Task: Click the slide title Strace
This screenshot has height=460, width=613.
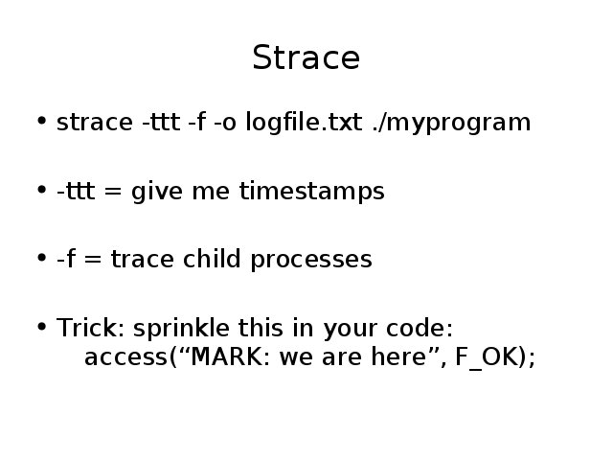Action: [306, 57]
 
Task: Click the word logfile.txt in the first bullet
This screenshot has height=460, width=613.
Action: [304, 122]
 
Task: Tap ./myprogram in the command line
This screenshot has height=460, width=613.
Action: [451, 123]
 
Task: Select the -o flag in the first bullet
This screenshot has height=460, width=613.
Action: [225, 123]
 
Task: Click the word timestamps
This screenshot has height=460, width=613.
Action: [312, 192]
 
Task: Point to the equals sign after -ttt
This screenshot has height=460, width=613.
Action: [113, 192]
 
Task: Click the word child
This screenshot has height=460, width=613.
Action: [212, 259]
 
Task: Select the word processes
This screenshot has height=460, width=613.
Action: [311, 261]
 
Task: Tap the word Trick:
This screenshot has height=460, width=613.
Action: [90, 328]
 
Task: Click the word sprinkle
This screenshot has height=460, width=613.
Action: [181, 329]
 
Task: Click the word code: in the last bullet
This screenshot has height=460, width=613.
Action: [420, 328]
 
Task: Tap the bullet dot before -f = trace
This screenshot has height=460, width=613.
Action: [42, 258]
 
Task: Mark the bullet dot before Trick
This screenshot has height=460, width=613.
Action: [42, 327]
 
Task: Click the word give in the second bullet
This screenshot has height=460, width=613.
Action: [157, 192]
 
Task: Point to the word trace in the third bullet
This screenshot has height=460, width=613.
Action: [143, 260]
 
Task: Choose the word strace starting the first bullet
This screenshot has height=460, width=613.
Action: [95, 123]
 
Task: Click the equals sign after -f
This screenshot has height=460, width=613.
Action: [92, 260]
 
